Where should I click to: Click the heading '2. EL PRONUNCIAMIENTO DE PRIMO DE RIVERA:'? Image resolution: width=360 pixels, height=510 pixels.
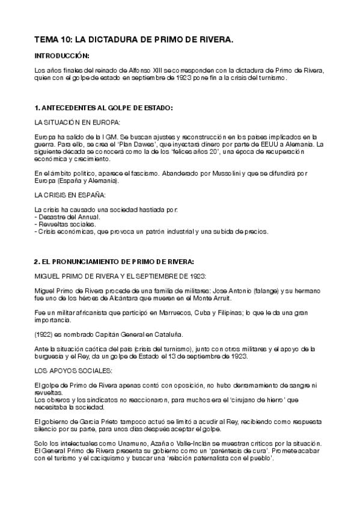[x=114, y=262]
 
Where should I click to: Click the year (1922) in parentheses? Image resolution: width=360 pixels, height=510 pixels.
[x=45, y=334]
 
